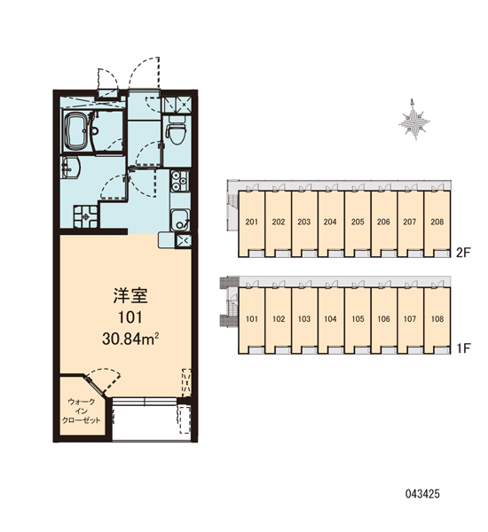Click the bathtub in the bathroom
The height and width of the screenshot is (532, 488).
coord(76,131)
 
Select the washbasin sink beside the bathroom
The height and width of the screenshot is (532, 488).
coord(70,167)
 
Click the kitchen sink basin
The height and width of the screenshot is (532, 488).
coord(180,220)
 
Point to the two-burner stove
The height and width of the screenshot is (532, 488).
coord(180,181)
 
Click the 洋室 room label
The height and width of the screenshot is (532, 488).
coord(130,295)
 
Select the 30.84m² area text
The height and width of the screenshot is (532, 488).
coord(130,339)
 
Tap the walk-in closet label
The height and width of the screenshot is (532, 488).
coord(81,411)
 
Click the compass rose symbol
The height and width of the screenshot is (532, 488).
coord(414,120)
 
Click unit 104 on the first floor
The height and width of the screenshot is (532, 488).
coord(330,320)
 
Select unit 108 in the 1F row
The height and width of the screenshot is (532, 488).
coord(437,320)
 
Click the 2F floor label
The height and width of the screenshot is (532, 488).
coord(463,253)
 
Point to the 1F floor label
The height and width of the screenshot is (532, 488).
coord(463,348)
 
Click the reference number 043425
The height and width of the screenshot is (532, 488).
coord(422,494)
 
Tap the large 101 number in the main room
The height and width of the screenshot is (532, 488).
coord(130,317)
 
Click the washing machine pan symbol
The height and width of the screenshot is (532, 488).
coord(86,215)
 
